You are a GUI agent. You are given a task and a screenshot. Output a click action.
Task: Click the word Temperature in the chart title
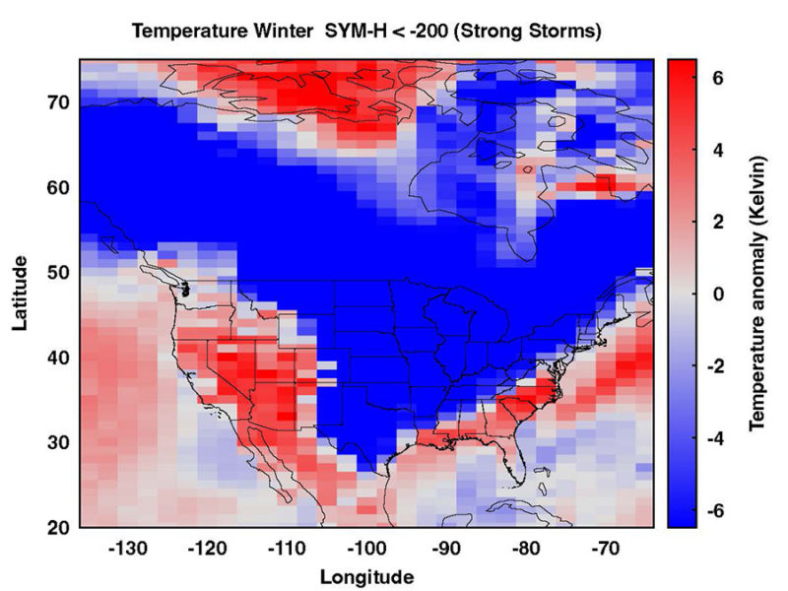point(190,32)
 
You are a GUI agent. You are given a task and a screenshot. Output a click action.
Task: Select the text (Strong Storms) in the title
point(531,32)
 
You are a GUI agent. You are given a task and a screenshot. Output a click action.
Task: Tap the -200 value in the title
point(432,32)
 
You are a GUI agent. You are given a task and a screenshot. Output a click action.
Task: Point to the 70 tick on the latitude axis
point(59,102)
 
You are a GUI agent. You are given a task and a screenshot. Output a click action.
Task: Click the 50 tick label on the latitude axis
point(59,273)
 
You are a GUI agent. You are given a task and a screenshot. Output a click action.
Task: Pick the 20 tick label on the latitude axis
point(59,528)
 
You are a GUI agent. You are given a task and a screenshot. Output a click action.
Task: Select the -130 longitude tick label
point(129,549)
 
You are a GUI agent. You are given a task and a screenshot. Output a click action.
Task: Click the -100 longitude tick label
point(367,549)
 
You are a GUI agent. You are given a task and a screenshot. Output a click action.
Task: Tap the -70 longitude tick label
point(606,549)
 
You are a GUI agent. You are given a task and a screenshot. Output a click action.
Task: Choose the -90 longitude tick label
point(447,549)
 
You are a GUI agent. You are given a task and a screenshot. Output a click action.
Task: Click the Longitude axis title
point(366,576)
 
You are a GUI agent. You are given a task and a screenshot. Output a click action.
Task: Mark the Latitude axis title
point(20,293)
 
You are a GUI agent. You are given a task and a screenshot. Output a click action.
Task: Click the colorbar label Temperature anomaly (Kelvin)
point(757,294)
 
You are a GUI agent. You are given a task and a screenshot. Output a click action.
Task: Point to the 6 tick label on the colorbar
point(718,78)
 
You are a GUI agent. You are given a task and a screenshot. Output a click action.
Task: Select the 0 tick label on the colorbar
point(718,294)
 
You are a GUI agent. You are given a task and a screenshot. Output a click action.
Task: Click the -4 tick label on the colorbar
point(715,438)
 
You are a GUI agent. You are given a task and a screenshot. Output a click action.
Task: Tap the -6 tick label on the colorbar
point(715,511)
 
